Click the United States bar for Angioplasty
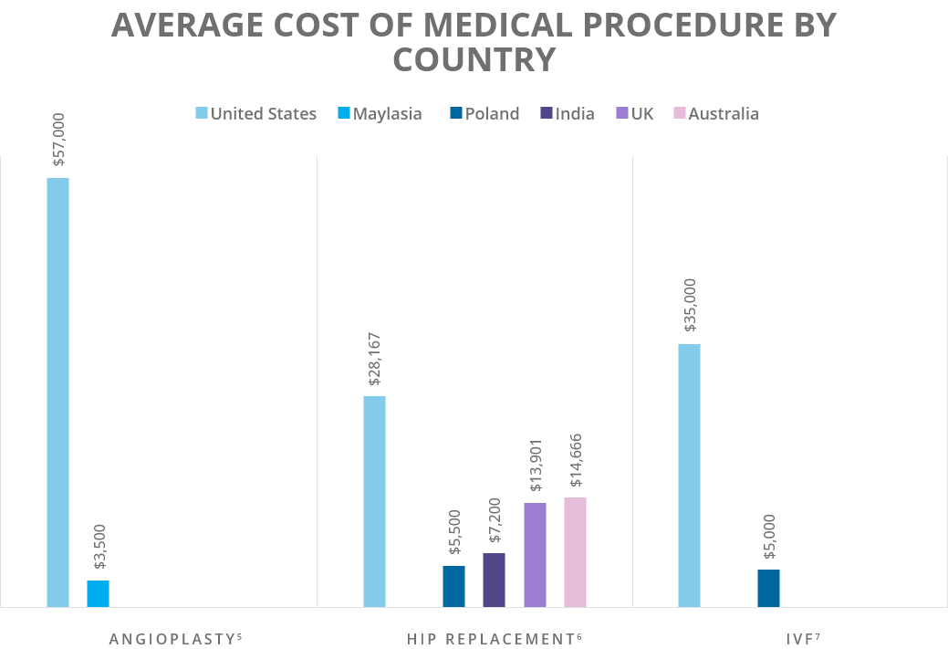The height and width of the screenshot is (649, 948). tap(57, 393)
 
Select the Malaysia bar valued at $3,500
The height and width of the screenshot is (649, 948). tap(98, 593)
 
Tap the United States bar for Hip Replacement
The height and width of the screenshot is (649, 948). tap(374, 501)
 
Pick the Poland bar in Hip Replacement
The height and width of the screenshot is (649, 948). tap(453, 586)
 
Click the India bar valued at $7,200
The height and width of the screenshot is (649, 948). tap(494, 580)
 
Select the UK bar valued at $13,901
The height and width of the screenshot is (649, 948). tap(535, 555)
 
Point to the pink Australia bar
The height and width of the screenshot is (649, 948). tap(575, 552)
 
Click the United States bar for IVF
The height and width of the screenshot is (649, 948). tap(689, 476)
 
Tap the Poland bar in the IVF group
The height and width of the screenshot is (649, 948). tap(768, 588)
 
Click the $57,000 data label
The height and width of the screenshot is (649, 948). tap(58, 140)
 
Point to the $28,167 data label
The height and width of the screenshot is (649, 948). tap(375, 359)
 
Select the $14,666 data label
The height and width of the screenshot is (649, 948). tap(576, 461)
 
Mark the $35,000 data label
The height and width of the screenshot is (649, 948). tap(690, 306)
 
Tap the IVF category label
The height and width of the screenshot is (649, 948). tap(789, 639)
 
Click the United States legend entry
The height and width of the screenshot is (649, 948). tap(256, 114)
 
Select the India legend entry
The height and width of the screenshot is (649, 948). tap(568, 114)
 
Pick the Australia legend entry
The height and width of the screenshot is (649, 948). tap(716, 114)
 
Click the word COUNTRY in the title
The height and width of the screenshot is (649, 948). tap(474, 60)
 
